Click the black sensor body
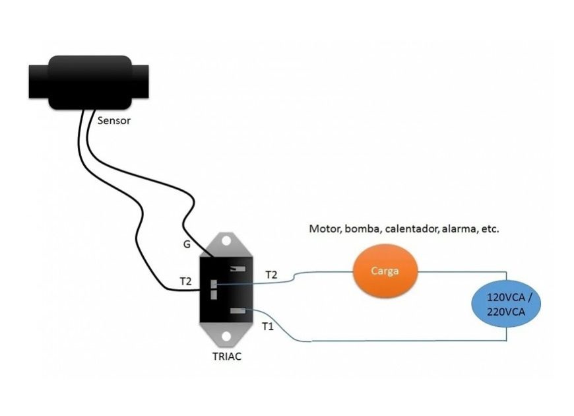tap(90, 82)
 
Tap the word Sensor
tap(114, 121)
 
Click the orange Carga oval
tap(385, 271)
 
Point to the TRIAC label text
tap(227, 356)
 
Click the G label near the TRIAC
tap(187, 245)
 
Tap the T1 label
tap(267, 326)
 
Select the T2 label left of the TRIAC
tap(186, 281)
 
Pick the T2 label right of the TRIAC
tap(271, 273)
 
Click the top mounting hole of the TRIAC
tap(227, 241)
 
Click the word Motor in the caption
tap(323, 229)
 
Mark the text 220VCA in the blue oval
tap(506, 312)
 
